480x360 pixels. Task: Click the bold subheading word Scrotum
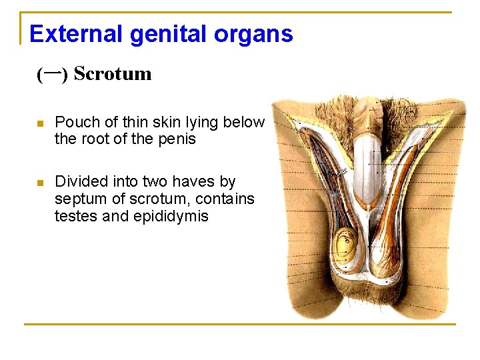click(x=113, y=73)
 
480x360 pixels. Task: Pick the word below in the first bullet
click(x=244, y=123)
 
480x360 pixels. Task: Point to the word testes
click(x=75, y=216)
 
